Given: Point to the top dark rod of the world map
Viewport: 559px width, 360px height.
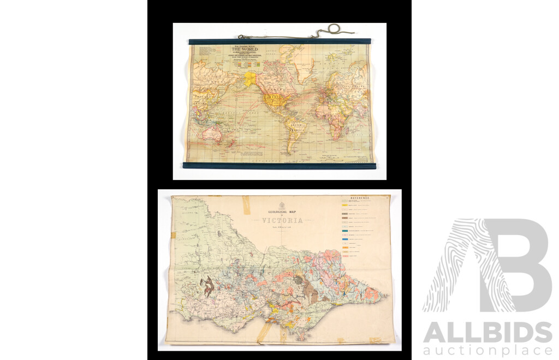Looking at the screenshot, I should (x=279, y=41).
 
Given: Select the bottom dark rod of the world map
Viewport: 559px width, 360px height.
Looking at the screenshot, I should (x=279, y=165).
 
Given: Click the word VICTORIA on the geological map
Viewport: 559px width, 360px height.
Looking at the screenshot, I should (x=282, y=221).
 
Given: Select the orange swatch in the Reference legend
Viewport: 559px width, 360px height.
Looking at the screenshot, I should (x=346, y=248).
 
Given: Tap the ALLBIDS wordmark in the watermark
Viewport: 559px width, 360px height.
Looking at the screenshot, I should (x=487, y=332).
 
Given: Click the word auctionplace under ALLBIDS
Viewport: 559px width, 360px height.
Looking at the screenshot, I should (x=487, y=350).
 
